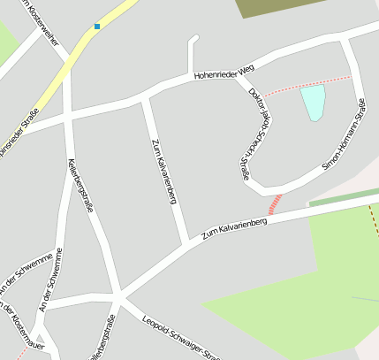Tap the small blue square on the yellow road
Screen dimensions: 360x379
[x=97, y=27]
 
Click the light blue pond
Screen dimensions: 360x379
[x=313, y=101]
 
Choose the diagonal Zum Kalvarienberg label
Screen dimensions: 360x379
[x=234, y=227]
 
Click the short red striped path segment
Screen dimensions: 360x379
[x=277, y=203]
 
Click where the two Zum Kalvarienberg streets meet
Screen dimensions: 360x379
[x=186, y=244]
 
